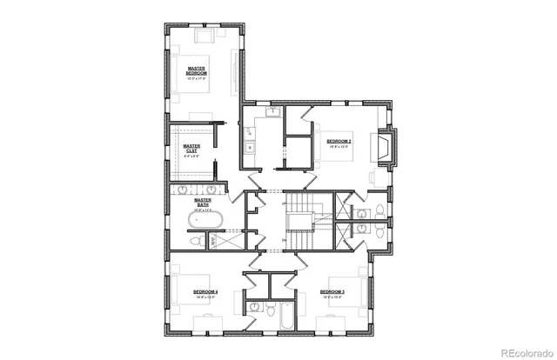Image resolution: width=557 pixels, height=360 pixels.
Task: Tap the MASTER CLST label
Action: click(x=191, y=149)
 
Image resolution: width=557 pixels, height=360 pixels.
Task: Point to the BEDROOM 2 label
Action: click(x=339, y=140)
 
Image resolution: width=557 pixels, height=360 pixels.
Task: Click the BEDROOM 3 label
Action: click(x=332, y=290)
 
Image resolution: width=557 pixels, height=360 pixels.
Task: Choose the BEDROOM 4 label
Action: click(x=205, y=290)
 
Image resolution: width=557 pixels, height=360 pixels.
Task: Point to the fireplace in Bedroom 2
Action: click(x=386, y=147)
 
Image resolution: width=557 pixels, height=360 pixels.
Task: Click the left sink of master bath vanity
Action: click(x=185, y=189)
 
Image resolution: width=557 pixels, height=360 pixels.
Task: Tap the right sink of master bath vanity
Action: click(x=211, y=189)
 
